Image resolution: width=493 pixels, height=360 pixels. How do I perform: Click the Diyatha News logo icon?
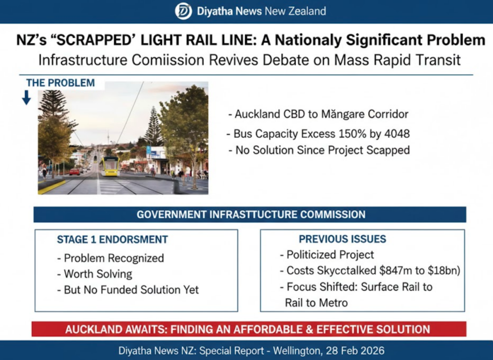tap(183, 12)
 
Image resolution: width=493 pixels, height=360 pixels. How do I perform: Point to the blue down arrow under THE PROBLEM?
tap(26, 98)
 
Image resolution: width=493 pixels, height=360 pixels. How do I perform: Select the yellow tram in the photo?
tap(110, 166)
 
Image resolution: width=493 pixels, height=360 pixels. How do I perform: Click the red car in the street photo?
tap(75, 172)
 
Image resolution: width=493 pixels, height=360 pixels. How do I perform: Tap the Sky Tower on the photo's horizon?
tap(108, 138)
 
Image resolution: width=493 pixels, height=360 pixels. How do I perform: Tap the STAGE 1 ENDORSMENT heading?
tap(113, 240)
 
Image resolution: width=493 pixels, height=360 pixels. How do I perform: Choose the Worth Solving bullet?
tap(95, 274)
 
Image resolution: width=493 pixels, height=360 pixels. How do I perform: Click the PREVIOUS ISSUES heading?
tap(342, 239)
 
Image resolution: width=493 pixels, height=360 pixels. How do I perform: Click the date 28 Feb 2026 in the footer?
tap(355, 350)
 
